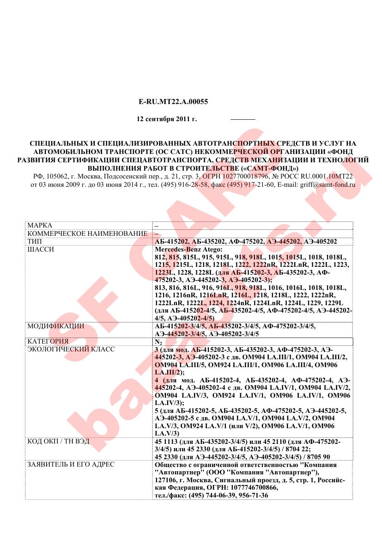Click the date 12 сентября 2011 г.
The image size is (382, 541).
167,119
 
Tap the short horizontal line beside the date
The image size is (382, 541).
243,120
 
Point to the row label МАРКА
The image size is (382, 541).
40,225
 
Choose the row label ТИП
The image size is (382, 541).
34,241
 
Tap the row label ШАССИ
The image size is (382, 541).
41,249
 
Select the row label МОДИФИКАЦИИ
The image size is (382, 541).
55,326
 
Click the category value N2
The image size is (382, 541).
158,342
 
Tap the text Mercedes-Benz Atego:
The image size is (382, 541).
188,249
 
